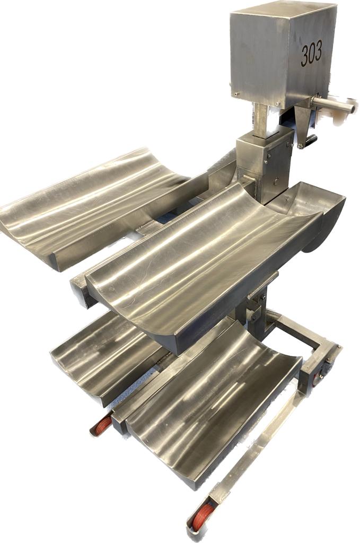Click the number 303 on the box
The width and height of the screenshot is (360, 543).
point(311,53)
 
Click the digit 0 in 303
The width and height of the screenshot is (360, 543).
point(311,53)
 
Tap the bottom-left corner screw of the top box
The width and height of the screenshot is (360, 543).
point(235,93)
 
